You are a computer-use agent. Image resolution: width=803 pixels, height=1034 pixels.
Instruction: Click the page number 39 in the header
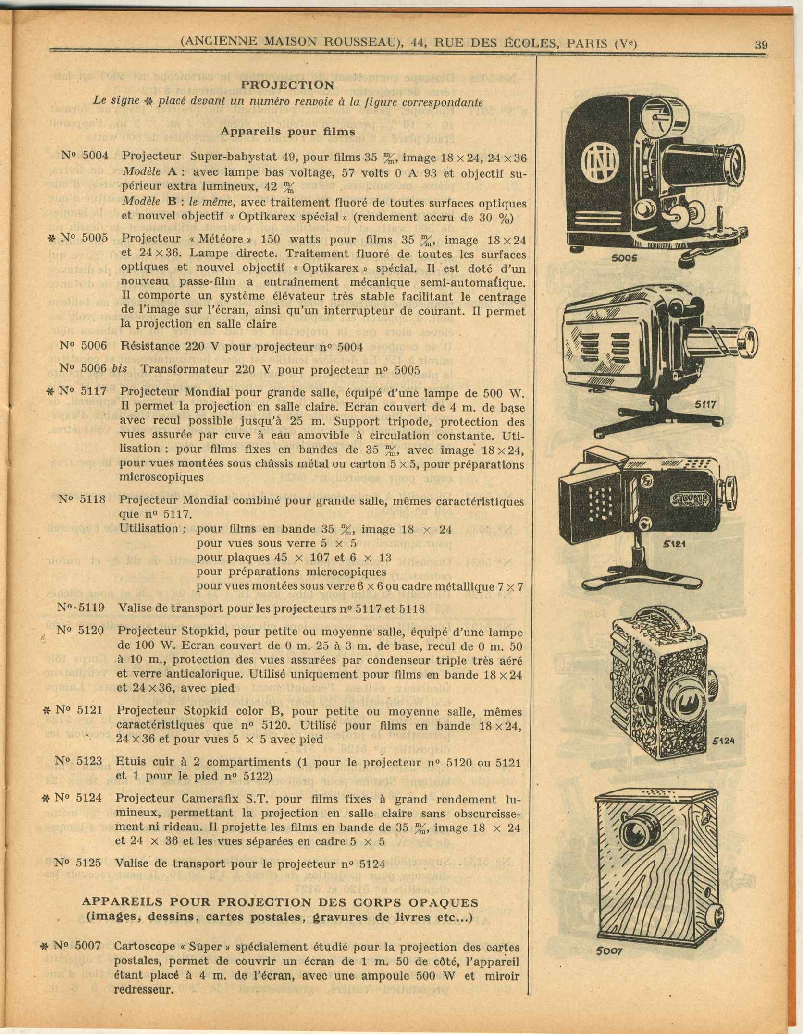pyautogui.click(x=761, y=45)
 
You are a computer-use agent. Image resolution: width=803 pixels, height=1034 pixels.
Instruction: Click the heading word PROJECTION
pyautogui.click(x=287, y=85)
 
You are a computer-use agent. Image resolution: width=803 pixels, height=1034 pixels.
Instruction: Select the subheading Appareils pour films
pyautogui.click(x=287, y=131)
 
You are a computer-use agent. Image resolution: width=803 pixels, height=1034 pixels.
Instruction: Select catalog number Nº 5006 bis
pyautogui.click(x=93, y=369)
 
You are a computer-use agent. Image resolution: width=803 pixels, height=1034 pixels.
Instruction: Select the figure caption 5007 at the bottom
pyautogui.click(x=610, y=950)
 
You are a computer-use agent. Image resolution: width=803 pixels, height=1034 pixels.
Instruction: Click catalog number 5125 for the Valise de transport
pyautogui.click(x=78, y=862)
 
